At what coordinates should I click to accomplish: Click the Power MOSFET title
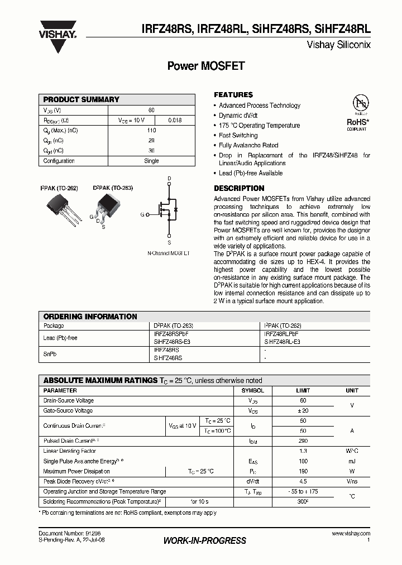coord(206,66)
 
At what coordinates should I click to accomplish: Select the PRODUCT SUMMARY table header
coord(82,99)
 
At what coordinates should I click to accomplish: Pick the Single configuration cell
coord(151,161)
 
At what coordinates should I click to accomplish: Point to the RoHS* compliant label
coord(357,123)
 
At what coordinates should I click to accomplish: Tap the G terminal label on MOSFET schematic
coord(142,214)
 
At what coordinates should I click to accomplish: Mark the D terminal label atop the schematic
coord(169,179)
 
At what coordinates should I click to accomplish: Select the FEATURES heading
coord(233,95)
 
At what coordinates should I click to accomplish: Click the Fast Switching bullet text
coord(238,136)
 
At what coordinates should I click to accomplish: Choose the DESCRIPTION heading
coord(239,189)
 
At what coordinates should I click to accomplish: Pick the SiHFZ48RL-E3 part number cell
coord(282,341)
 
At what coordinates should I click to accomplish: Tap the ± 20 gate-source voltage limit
coord(303,410)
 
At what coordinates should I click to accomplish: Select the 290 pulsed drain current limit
coord(303,440)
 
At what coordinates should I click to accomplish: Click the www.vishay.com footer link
coord(350,534)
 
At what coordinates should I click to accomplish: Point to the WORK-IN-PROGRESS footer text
coord(204,540)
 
